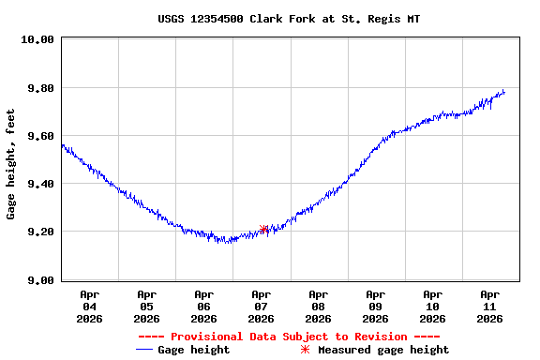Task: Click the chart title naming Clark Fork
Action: (288, 19)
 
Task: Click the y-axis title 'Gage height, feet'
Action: (11, 164)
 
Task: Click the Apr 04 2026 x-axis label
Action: (89, 307)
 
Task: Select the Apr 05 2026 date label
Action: (146, 307)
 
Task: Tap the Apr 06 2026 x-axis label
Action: (203, 307)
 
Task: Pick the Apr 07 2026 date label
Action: (261, 307)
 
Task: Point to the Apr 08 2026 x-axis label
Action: (318, 307)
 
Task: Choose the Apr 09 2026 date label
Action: (375, 307)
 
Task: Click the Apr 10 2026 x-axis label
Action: (432, 307)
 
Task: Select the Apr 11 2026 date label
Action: (489, 307)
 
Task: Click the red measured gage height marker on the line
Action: (264, 229)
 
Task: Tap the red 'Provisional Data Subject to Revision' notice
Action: (288, 337)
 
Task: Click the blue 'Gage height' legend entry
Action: (183, 350)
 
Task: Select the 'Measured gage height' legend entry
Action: (374, 350)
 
